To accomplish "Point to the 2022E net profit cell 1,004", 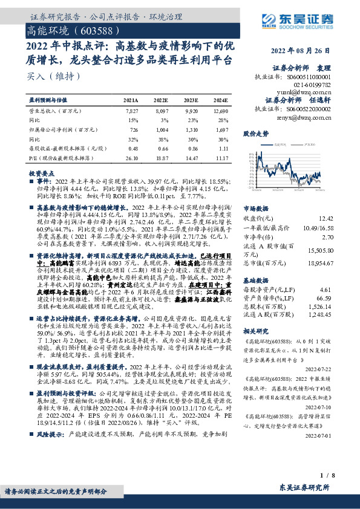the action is pyautogui.click(x=160, y=130).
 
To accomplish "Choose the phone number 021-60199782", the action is pyautogui.click(x=313, y=85).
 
